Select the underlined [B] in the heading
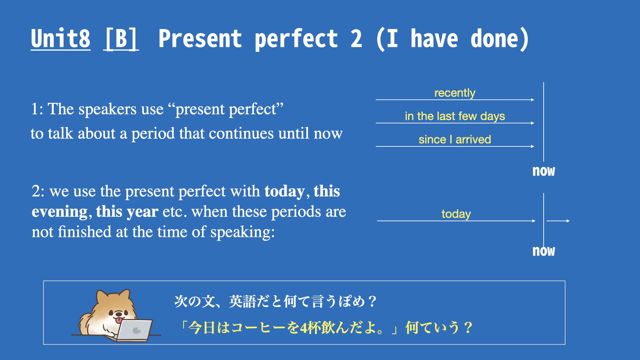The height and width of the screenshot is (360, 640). click(121, 39)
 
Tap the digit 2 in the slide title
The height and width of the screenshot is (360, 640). click(356, 39)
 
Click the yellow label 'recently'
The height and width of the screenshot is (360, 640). click(455, 93)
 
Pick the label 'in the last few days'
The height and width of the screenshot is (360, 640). click(455, 116)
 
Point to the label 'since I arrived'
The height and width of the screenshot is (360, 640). click(455, 139)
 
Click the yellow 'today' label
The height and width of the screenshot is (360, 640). click(456, 214)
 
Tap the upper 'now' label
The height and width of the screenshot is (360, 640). click(544, 171)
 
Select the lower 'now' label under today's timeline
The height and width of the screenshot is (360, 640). click(544, 251)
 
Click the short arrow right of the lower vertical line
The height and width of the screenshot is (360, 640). click(558, 221)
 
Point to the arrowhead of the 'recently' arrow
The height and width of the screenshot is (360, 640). click(533, 100)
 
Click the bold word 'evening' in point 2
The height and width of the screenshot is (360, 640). click(60, 212)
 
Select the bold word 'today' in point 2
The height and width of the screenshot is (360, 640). click(284, 192)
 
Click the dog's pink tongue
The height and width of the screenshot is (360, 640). click(118, 320)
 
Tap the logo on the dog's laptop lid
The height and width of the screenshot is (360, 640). click(136, 330)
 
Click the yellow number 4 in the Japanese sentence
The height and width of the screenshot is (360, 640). click(303, 328)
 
